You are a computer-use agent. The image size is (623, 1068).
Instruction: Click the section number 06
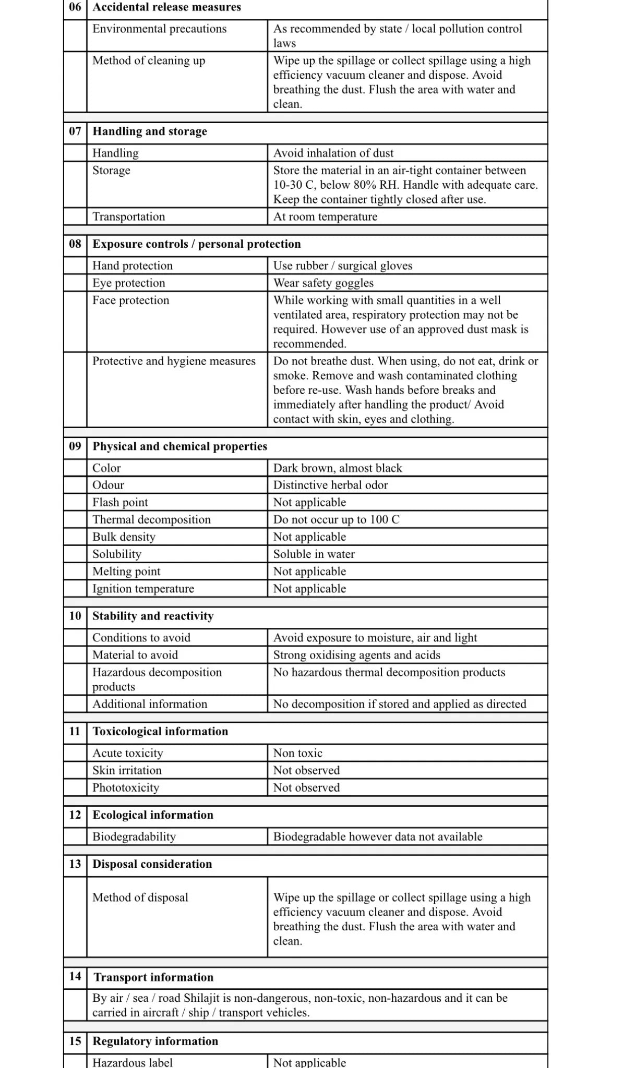pyautogui.click(x=75, y=7)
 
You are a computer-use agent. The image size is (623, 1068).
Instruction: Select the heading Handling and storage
pyautogui.click(x=150, y=131)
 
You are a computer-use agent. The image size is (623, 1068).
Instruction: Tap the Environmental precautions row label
pyautogui.click(x=159, y=29)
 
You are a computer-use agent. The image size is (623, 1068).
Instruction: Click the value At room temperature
pyautogui.click(x=325, y=217)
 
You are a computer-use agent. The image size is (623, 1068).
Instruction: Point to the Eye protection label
pyautogui.click(x=128, y=283)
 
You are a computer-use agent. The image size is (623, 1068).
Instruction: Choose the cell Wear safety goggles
pyautogui.click(x=324, y=283)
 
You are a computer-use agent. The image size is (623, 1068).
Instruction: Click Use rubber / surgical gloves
pyautogui.click(x=343, y=266)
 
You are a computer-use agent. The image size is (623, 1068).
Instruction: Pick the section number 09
pyautogui.click(x=75, y=446)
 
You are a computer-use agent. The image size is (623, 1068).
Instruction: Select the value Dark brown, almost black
pyautogui.click(x=338, y=468)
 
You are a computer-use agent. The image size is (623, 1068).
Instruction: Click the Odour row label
pyautogui.click(x=108, y=486)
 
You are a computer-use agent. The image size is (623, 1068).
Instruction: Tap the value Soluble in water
pyautogui.click(x=314, y=554)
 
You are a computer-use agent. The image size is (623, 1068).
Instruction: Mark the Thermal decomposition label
pyautogui.click(x=151, y=520)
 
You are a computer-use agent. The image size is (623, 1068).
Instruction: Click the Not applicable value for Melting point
pyautogui.click(x=309, y=572)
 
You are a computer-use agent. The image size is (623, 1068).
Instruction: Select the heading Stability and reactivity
pyautogui.click(x=153, y=616)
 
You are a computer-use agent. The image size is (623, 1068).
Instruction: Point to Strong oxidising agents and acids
pyautogui.click(x=357, y=656)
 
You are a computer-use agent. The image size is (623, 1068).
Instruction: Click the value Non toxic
pyautogui.click(x=298, y=754)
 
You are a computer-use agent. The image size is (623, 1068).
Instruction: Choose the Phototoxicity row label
pyautogui.click(x=126, y=788)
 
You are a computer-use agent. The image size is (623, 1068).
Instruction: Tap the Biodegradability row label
pyautogui.click(x=134, y=837)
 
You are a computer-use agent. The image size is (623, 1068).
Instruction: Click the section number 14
pyautogui.click(x=75, y=976)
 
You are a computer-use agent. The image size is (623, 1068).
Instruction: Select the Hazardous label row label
pyautogui.click(x=133, y=1062)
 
